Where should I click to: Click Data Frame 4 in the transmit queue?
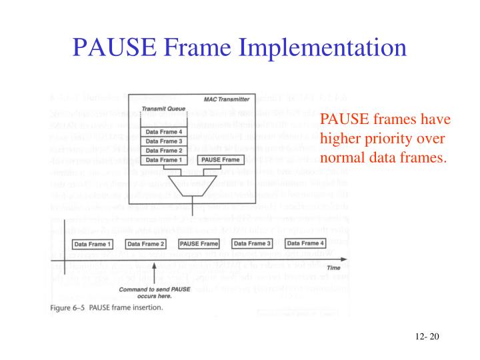(x=164, y=131)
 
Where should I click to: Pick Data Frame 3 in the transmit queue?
(x=164, y=141)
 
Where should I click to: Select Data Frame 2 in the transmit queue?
(x=164, y=150)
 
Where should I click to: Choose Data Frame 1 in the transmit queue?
(x=164, y=160)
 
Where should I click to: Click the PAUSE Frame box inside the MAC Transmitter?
(x=221, y=160)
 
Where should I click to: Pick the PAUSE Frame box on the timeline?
(x=199, y=244)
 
